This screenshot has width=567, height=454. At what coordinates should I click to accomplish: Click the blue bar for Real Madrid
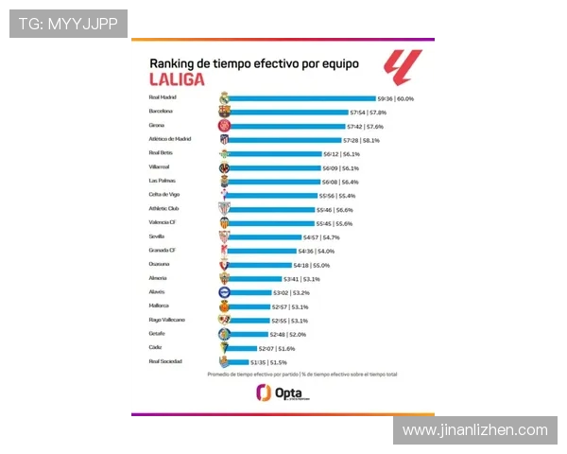(x=301, y=97)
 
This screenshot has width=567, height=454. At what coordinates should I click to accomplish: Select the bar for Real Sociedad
(x=237, y=361)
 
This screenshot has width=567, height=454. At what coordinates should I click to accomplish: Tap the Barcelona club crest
(x=224, y=111)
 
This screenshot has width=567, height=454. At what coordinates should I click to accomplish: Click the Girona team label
(x=159, y=125)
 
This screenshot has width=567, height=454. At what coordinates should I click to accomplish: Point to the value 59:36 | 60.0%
(x=396, y=97)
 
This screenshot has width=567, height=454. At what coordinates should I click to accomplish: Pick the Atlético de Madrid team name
(x=170, y=139)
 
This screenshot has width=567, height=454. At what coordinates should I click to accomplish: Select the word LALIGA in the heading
(x=178, y=79)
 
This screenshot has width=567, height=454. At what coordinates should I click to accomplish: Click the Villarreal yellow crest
(x=224, y=166)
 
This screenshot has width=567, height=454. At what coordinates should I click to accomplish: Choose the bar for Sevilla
(x=264, y=236)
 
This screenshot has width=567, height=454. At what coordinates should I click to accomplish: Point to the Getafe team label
(x=157, y=334)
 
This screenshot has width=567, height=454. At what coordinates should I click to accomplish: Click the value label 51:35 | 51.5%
(x=268, y=361)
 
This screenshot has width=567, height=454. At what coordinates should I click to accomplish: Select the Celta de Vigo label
(x=164, y=194)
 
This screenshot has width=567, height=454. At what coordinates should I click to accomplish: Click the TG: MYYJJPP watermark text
(x=68, y=23)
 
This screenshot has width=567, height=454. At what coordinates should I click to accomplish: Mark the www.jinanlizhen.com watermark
(x=474, y=430)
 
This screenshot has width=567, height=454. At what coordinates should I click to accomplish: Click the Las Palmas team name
(x=163, y=181)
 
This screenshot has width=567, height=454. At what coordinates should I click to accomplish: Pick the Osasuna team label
(x=160, y=264)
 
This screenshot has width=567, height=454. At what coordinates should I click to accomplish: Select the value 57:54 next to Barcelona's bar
(x=360, y=112)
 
